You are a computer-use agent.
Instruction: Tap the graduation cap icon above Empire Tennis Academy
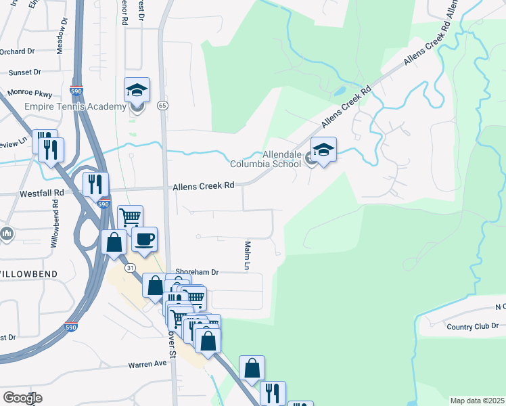137,91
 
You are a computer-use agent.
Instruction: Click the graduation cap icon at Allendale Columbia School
323,150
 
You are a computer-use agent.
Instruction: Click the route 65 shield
162,106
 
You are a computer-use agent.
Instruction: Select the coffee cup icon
144,240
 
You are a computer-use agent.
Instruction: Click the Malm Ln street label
248,256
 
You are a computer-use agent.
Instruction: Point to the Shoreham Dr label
197,272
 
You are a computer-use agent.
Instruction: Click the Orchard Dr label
17,51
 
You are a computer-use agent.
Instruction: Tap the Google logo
22,397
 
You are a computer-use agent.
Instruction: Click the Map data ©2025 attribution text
477,401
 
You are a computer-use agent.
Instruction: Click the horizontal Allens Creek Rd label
203,186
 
